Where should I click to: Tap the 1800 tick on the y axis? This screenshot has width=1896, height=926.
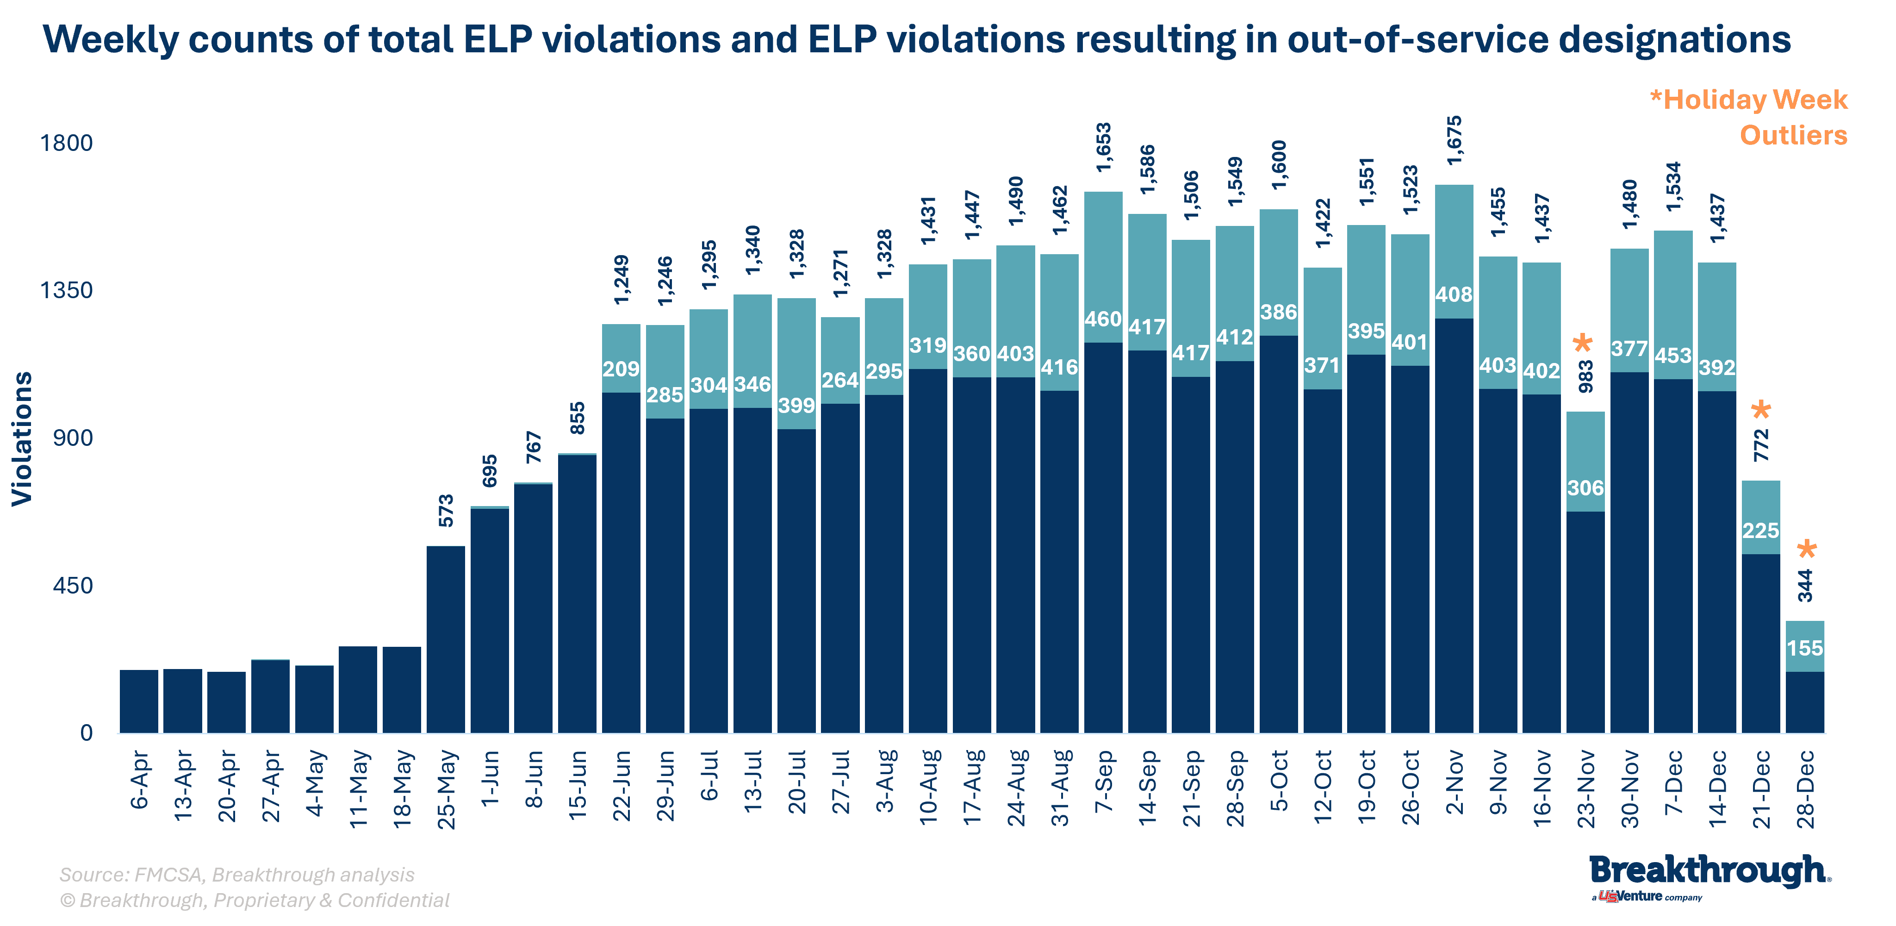point(66,143)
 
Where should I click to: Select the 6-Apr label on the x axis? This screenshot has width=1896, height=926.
point(140,780)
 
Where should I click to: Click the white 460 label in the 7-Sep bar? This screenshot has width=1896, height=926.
point(1102,319)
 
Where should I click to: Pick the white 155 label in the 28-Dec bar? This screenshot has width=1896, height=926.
point(1805,648)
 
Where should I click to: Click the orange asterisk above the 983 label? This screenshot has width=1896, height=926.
point(1582,344)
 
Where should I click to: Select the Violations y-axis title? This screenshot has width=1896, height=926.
point(22,439)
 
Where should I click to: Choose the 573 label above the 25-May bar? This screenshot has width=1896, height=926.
point(446,510)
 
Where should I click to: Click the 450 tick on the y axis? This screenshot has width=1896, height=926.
point(72,586)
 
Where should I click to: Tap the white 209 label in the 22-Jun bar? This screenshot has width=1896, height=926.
point(621,369)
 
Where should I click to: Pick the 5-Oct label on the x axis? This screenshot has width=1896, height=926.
point(1279,780)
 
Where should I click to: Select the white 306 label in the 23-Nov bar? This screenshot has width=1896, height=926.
point(1585,488)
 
